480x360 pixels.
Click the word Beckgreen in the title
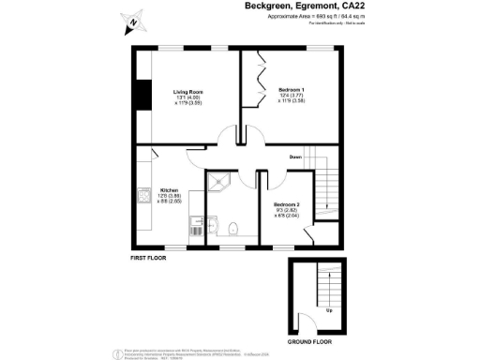click(245, 7)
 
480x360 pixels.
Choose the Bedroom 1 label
click(292, 89)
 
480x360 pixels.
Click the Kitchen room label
click(169, 188)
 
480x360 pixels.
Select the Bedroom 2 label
click(286, 203)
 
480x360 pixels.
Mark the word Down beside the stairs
click(294, 157)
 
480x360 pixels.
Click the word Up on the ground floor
click(329, 309)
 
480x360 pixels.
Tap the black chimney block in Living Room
click(142, 97)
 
